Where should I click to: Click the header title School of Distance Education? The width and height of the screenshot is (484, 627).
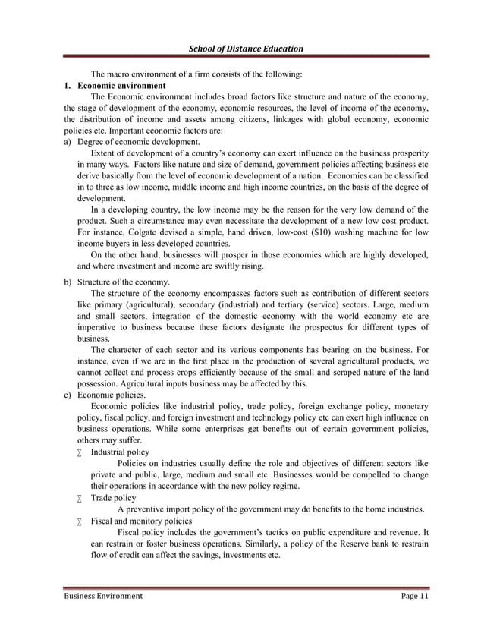[245, 49]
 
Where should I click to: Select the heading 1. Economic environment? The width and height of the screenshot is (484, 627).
[115, 86]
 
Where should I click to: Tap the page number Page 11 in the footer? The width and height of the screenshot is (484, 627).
[415, 597]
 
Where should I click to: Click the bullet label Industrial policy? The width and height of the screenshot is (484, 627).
[120, 452]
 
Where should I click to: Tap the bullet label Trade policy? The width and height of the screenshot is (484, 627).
[113, 498]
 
